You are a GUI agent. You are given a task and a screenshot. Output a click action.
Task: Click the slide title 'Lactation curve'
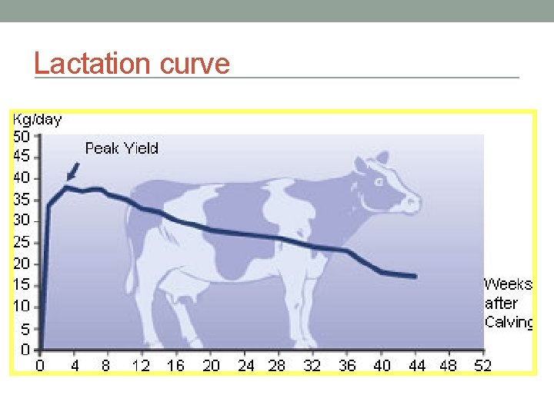click(x=132, y=63)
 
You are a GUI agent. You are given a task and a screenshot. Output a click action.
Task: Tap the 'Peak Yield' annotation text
click(x=122, y=148)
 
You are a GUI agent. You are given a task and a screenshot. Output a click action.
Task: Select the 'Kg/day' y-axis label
click(x=37, y=120)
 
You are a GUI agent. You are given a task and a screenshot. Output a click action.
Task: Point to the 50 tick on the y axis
click(x=22, y=136)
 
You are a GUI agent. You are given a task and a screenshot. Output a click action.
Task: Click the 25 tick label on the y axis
click(x=22, y=243)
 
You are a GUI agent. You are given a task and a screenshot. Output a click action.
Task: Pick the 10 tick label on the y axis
click(x=22, y=307)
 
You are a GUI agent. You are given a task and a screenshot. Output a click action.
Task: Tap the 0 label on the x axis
click(x=42, y=366)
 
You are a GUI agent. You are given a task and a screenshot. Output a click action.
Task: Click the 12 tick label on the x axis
click(x=141, y=366)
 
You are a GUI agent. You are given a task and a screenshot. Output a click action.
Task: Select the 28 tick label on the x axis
click(x=276, y=366)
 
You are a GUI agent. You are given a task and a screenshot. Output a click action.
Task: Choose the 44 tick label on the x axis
click(x=416, y=366)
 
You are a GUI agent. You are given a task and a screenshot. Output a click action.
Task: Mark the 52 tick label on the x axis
click(x=482, y=366)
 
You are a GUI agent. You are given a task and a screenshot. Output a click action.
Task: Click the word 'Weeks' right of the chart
click(x=508, y=284)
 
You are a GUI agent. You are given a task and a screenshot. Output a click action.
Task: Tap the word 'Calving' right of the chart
click(x=509, y=322)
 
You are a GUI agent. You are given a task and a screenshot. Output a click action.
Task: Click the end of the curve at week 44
click(x=415, y=276)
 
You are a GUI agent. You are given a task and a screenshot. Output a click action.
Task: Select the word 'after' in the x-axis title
click(x=501, y=304)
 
